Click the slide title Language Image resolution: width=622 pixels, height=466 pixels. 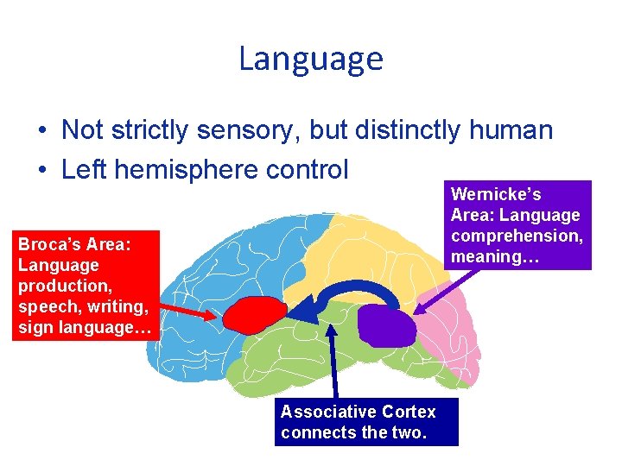(x=310, y=59)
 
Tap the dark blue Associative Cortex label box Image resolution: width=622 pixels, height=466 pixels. (x=366, y=422)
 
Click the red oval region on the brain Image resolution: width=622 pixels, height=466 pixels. (x=255, y=315)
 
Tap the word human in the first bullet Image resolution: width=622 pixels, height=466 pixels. (x=510, y=130)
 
